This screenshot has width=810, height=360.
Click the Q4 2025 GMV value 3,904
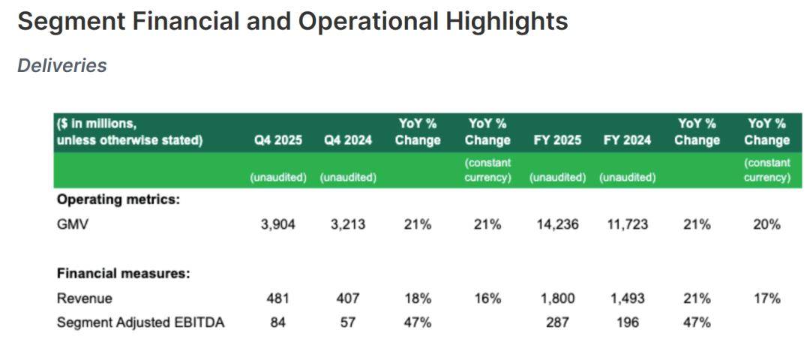point(279,224)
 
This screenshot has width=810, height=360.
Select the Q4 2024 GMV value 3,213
point(348,224)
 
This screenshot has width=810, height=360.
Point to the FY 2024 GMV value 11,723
point(627,224)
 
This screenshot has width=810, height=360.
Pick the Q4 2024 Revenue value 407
point(348,298)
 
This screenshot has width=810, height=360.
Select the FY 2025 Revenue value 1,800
point(557,298)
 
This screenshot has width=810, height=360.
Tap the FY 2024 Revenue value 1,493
point(627,298)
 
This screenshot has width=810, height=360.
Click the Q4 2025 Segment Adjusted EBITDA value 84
point(279,323)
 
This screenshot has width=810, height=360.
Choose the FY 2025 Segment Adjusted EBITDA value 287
point(557,323)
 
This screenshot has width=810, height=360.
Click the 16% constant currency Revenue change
point(487,298)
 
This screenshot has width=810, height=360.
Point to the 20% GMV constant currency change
point(767,224)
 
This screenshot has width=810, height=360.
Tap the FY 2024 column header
point(627,140)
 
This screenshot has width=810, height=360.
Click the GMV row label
point(73,224)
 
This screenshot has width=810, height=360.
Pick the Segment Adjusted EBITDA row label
point(141,323)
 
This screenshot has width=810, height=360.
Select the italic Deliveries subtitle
point(62,66)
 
